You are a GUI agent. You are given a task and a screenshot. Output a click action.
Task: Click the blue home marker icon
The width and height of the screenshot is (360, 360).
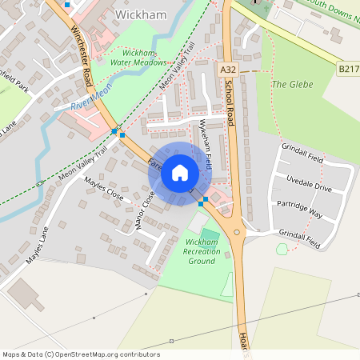tap(180, 172)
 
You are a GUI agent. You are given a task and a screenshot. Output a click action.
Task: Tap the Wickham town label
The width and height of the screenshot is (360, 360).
tap(141, 14)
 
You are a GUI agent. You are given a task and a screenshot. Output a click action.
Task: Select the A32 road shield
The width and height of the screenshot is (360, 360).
tap(228, 71)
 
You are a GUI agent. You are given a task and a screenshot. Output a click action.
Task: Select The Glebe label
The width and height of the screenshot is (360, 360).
tap(290, 84)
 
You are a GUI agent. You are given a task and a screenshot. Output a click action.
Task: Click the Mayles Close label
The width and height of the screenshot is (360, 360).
tap(104, 189)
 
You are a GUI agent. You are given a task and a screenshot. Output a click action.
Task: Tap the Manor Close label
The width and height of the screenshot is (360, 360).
tap(145, 210)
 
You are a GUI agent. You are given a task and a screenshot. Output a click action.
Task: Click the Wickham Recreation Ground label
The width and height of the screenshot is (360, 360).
tap(201, 251)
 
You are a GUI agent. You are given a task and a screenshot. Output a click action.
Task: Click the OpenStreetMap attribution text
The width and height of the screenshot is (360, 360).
tap(80, 354)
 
